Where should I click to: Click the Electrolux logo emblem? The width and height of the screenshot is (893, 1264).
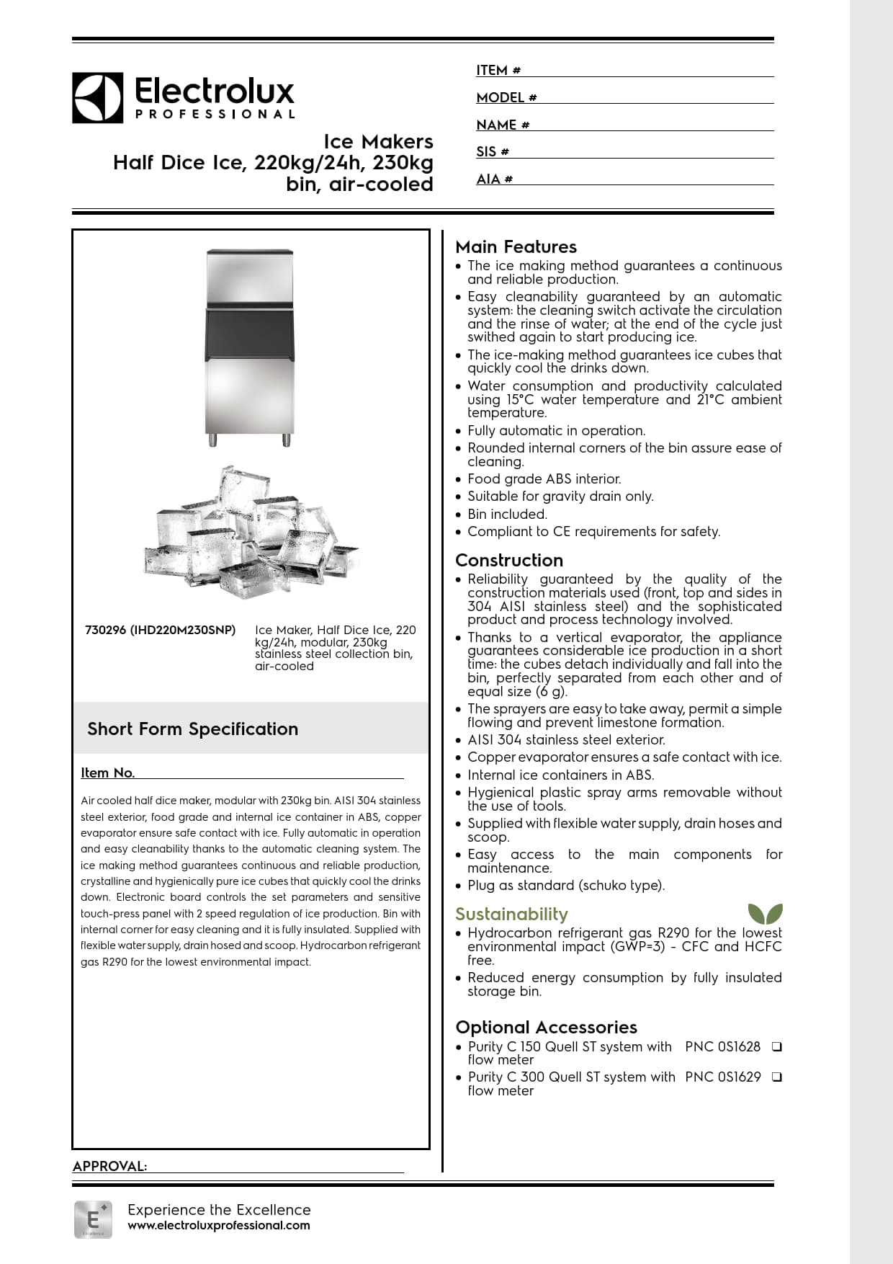point(97,97)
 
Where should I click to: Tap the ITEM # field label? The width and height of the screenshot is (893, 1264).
point(498,71)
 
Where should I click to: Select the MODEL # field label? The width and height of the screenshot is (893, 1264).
point(506,98)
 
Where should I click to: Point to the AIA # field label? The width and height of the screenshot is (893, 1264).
point(494,179)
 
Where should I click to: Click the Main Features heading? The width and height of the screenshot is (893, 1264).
point(516,247)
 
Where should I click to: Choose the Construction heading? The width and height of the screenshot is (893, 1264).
point(509,560)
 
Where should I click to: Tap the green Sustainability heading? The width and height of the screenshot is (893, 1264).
point(511,914)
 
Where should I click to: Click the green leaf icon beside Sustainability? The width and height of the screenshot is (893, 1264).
point(765,914)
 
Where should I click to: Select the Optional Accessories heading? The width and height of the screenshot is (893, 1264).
point(546,1027)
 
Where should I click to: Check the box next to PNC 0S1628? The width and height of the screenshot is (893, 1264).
point(776,1046)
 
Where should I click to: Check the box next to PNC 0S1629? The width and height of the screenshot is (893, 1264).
point(776,1077)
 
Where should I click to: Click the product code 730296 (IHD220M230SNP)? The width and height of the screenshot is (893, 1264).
point(160,630)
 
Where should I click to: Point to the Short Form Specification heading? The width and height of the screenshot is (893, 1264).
point(192,729)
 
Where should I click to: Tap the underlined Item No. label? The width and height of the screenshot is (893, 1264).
point(108,773)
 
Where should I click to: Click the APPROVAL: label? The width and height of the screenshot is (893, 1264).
point(109,1166)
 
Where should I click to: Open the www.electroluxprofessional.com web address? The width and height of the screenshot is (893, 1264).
point(219,1225)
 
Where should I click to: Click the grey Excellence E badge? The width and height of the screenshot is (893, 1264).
point(93,1219)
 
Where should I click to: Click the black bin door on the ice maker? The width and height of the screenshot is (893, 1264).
point(249,333)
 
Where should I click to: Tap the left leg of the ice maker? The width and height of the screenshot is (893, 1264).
point(212,439)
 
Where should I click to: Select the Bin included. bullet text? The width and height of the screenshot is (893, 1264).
point(507,514)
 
